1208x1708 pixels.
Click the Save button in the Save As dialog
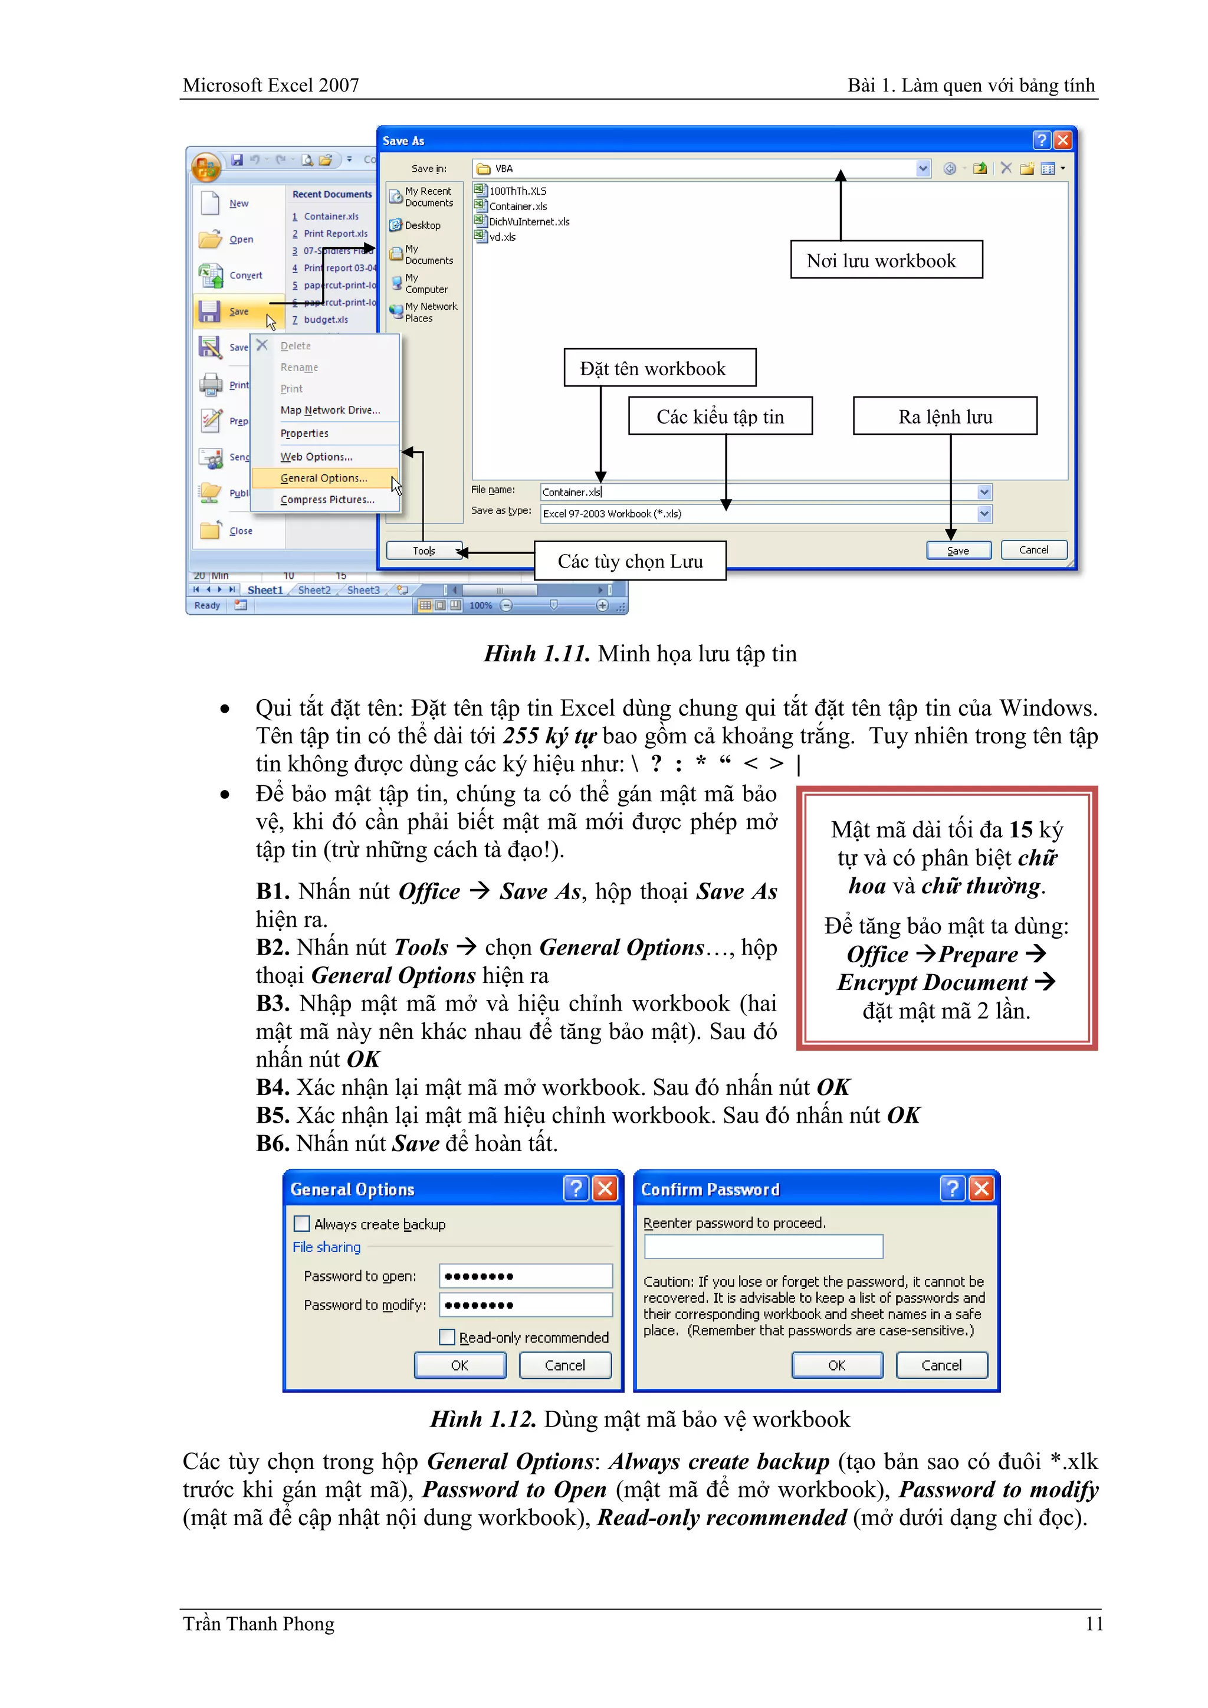958,550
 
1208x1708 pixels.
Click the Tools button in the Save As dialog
424,550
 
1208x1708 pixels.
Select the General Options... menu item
324,478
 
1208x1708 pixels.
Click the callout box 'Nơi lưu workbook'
886,260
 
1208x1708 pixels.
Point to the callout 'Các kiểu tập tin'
720,417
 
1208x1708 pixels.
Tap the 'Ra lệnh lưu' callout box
945,417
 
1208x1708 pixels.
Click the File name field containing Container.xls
759,491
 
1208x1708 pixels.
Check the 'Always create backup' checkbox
302,1224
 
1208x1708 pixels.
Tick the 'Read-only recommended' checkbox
447,1337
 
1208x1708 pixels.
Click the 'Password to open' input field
525,1276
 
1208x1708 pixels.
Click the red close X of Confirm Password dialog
982,1189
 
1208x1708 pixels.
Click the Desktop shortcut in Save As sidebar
422,225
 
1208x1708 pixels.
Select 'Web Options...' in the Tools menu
316,457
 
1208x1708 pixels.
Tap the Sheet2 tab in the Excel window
314,590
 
